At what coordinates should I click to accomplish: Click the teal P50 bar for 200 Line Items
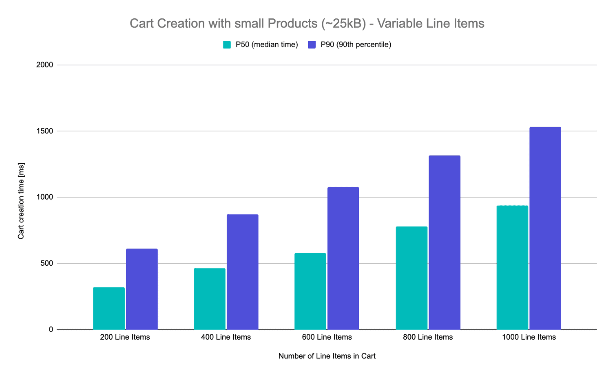[109, 308]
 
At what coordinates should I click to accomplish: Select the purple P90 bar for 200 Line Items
[142, 289]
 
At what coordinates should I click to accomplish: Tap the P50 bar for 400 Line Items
[210, 299]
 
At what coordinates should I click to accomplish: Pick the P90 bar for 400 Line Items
[243, 272]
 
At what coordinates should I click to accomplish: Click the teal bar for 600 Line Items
[310, 291]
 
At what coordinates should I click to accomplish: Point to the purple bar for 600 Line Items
[343, 258]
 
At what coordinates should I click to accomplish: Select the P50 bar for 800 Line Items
[411, 278]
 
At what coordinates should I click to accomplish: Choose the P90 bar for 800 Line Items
[445, 242]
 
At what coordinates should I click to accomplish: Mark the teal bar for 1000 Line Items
[512, 267]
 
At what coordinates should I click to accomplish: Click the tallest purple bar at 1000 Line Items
[545, 228]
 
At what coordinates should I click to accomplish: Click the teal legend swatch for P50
[227, 44]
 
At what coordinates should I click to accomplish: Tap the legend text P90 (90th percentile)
[356, 44]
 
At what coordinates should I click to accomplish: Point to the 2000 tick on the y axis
[45, 65]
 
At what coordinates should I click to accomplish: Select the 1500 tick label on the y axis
[45, 131]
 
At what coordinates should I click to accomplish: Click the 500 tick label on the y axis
[47, 263]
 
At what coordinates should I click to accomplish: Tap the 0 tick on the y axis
[51, 329]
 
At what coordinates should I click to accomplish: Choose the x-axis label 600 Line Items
[327, 337]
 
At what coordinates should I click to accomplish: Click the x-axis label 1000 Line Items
[529, 337]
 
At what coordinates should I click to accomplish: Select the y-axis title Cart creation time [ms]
[21, 201]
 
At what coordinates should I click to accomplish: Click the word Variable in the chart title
[400, 23]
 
